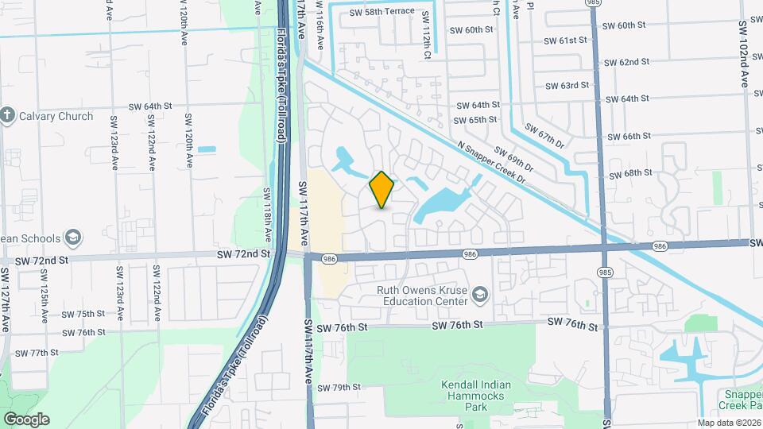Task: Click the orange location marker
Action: tap(381, 190)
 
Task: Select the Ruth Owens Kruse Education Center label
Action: tap(422, 296)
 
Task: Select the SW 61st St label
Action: tap(566, 41)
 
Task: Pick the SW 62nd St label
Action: tap(628, 62)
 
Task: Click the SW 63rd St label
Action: tap(567, 86)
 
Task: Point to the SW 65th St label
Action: tap(475, 120)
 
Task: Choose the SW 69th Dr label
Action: tap(513, 160)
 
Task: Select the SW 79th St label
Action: tap(339, 388)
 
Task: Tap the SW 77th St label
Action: tap(38, 353)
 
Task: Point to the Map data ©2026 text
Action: tap(728, 423)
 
